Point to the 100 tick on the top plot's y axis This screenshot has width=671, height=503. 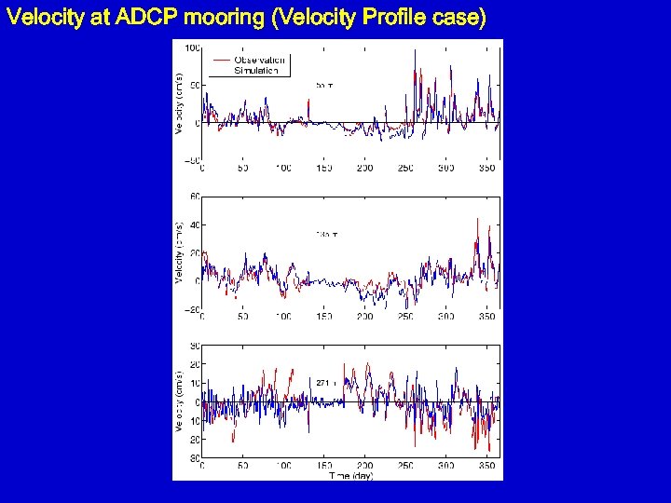click(192, 48)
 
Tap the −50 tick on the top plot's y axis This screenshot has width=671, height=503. click(190, 160)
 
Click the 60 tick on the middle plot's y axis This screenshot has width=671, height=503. click(195, 197)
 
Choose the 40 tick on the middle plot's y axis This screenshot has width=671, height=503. click(195, 224)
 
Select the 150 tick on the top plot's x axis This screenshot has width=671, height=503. click(323, 169)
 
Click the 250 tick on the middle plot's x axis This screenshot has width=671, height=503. click(405, 317)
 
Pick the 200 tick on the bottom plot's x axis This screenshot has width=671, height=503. click(364, 466)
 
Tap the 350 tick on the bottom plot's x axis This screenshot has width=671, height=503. click(486, 466)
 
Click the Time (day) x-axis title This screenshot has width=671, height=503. click(350, 475)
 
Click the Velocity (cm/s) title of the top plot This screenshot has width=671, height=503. click(179, 103)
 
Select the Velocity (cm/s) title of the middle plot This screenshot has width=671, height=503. click(179, 252)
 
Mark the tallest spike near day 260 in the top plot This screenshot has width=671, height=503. click(414, 53)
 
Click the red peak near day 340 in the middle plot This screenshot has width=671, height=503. click(477, 220)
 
